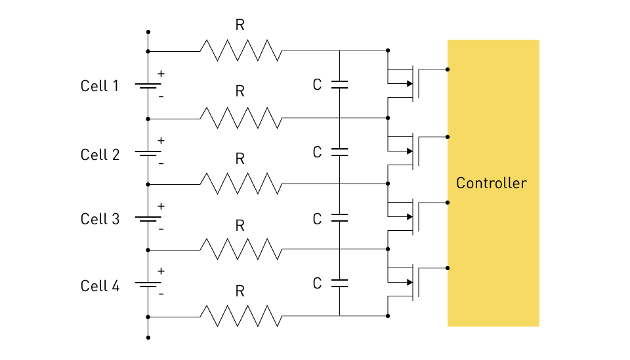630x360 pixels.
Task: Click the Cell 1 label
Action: (x=100, y=86)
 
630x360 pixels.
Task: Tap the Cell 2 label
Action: (x=100, y=155)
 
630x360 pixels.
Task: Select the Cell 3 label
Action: (x=100, y=219)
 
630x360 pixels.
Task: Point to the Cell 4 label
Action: (x=100, y=286)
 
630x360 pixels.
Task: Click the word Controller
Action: (x=491, y=183)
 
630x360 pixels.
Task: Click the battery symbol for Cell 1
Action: (x=148, y=86)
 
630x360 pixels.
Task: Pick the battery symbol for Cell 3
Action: (x=148, y=219)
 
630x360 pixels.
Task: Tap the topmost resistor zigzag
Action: (x=241, y=50)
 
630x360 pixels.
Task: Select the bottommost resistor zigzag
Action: (x=241, y=316)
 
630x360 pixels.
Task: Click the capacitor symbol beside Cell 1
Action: (x=339, y=85)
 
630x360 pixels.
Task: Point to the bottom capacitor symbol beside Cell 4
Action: (x=339, y=283)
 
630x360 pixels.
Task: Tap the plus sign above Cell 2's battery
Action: (x=161, y=140)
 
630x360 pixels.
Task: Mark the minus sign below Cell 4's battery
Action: (x=161, y=294)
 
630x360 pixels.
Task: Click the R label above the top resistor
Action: (x=240, y=26)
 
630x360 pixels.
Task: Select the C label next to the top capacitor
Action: (x=317, y=85)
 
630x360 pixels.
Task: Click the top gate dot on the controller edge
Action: (x=448, y=70)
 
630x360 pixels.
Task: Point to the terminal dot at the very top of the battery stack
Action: (x=148, y=32)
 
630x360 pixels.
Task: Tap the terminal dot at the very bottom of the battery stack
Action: (x=148, y=338)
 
